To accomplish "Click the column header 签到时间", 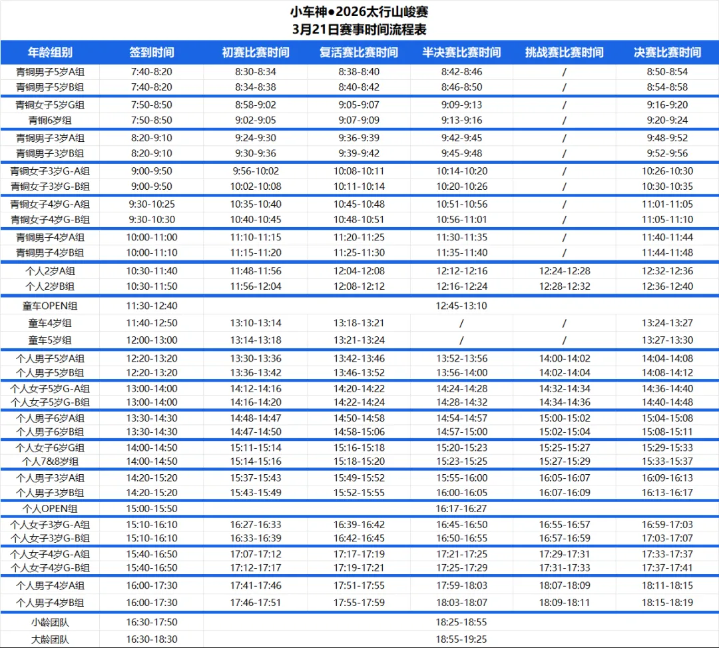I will pos(152,53).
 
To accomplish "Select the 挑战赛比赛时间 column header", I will pos(564,53).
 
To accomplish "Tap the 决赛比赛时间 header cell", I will pos(667,53).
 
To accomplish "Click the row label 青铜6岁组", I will pos(50,121).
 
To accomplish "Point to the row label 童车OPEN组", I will pos(50,306).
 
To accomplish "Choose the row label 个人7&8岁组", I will pos(50,462).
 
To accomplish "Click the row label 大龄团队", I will pos(50,639).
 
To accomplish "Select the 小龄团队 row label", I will pos(50,623).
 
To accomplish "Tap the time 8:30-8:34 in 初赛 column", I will pos(256,72).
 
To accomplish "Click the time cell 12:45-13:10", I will pos(461,306).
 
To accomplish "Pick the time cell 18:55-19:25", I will pos(461,639).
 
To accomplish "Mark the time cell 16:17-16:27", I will pos(461,509).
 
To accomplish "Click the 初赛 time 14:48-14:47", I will pos(256,418).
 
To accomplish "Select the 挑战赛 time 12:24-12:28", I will pos(564,271).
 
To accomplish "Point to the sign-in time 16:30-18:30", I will pos(152,639).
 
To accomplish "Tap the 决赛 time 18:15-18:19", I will pos(667,603).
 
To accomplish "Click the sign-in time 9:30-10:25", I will pos(152,204).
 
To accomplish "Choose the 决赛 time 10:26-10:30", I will pos(667,171).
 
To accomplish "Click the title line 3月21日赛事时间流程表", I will pos(359,29).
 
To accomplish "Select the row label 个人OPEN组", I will pos(50,509).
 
